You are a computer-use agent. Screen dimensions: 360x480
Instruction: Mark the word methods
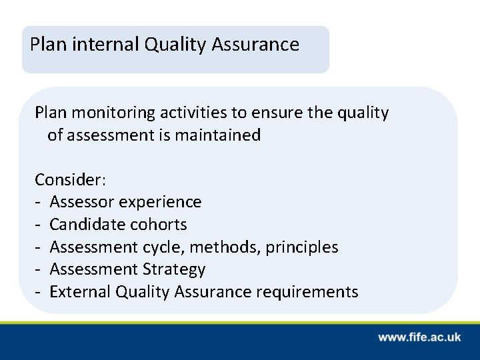click(x=226, y=247)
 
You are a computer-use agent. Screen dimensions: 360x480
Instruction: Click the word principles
click(x=302, y=247)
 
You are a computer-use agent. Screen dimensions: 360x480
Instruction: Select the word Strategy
click(x=174, y=270)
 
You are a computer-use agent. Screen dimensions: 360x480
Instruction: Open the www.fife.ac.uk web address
click(x=419, y=337)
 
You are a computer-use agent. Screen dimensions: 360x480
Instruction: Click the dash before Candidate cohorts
click(x=39, y=225)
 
